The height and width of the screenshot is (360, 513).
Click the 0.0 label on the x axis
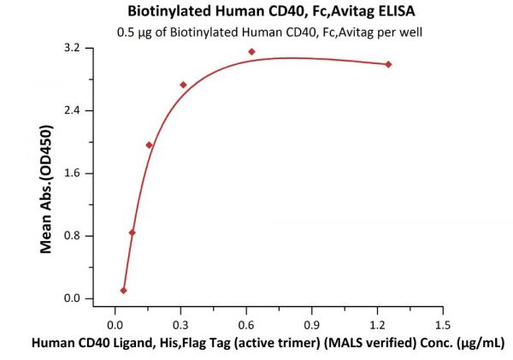(x=114, y=325)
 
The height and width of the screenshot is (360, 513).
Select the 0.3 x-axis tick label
(x=180, y=325)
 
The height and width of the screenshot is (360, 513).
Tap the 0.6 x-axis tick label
(x=245, y=325)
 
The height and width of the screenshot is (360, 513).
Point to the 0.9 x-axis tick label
(x=311, y=325)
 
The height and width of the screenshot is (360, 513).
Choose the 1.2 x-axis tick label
(x=377, y=325)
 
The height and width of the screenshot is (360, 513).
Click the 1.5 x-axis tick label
(x=443, y=325)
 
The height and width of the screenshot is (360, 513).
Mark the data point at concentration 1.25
(x=389, y=64)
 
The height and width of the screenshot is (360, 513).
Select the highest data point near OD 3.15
(x=251, y=51)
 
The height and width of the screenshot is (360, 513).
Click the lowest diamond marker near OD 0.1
(x=123, y=291)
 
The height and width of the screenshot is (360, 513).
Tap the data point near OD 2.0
(x=149, y=145)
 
